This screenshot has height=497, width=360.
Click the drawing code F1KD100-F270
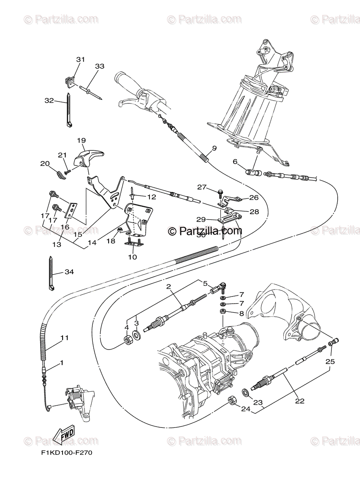click(x=66, y=453)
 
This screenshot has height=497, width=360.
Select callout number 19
click(x=81, y=140)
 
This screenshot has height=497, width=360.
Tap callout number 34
click(x=69, y=272)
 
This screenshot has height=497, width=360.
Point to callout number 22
click(x=300, y=400)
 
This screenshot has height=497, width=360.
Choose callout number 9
click(x=214, y=148)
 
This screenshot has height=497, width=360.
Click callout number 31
click(x=80, y=60)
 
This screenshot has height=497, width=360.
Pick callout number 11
click(x=64, y=338)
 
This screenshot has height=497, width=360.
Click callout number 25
click(x=330, y=362)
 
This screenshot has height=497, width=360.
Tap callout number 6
click(x=235, y=162)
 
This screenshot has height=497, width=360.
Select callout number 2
click(x=169, y=286)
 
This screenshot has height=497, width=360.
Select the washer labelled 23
click(x=246, y=391)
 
